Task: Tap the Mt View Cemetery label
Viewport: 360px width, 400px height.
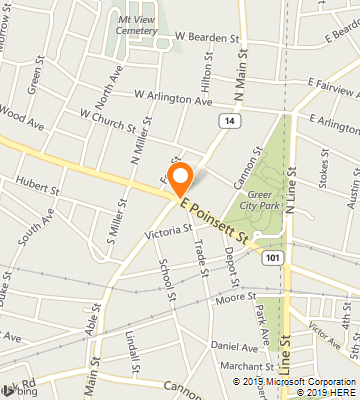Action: (x=137, y=24)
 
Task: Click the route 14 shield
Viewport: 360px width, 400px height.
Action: (x=230, y=120)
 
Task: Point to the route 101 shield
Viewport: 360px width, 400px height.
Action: (x=272, y=257)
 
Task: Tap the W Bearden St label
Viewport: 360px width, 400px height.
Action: (x=209, y=37)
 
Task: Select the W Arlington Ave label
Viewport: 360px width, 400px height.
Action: (x=173, y=98)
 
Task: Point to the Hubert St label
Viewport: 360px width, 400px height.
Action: (x=40, y=187)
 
